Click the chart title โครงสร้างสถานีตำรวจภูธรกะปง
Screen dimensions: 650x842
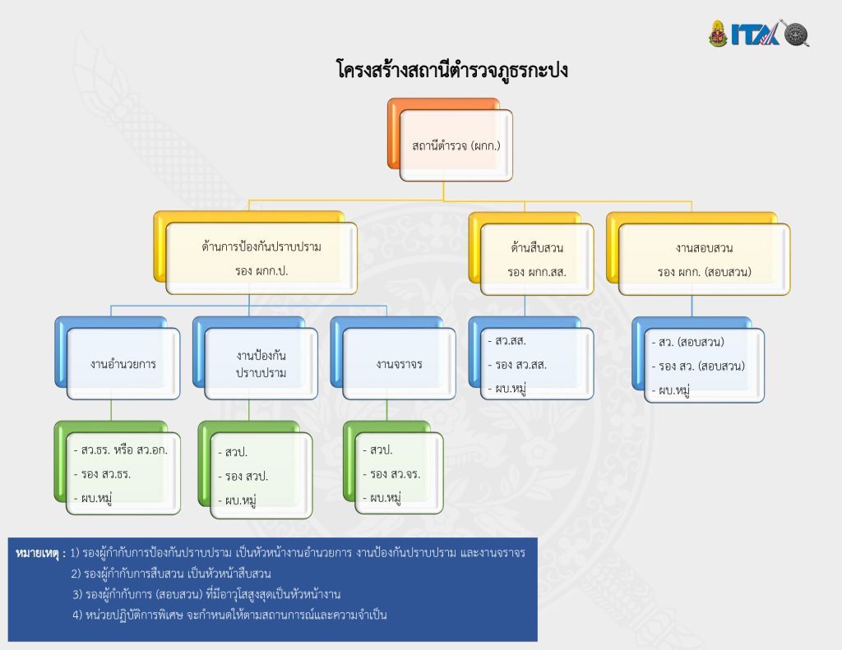(x=452, y=71)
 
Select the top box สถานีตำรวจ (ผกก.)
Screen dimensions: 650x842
(x=456, y=145)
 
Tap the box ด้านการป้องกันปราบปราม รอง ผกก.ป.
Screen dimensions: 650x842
(x=261, y=257)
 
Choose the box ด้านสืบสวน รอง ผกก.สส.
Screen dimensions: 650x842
(x=537, y=259)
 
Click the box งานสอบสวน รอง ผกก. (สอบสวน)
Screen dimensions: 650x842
(x=704, y=259)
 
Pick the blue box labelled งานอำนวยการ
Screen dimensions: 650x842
(x=123, y=363)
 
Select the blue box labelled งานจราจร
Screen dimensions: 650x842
(x=399, y=363)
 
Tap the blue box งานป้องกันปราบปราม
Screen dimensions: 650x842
(x=261, y=363)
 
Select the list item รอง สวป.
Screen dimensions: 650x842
(x=246, y=477)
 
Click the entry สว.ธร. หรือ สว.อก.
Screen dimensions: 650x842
(x=123, y=451)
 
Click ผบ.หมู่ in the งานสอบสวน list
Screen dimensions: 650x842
(x=673, y=390)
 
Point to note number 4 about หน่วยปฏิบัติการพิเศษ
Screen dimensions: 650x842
(x=229, y=615)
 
